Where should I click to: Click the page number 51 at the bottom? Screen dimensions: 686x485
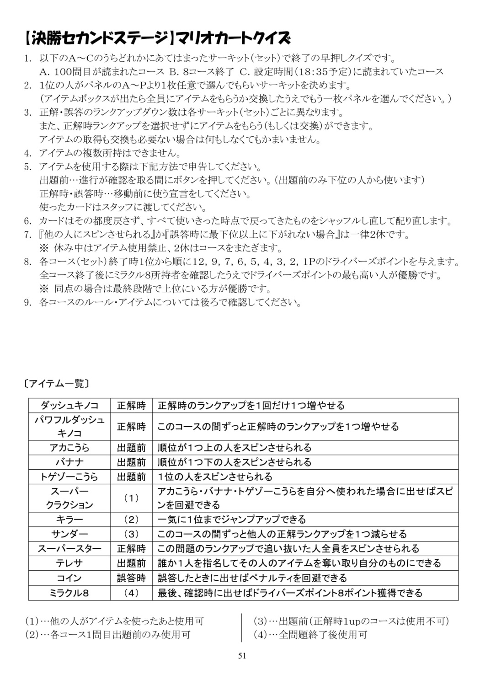click(242, 655)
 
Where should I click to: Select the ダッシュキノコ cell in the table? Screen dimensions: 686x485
click(69, 406)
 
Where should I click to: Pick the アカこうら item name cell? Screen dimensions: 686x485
click(69, 448)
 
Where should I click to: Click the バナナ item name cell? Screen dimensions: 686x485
click(69, 462)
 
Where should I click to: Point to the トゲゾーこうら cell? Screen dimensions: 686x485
click(69, 477)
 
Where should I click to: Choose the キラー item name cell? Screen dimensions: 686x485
click(69, 520)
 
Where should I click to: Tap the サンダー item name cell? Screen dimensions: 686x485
click(69, 534)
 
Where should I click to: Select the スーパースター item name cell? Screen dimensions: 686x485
click(69, 549)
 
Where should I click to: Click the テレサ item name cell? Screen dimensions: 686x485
click(69, 563)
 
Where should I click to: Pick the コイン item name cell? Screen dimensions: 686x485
click(69, 578)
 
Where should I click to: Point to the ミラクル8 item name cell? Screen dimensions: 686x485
click(69, 593)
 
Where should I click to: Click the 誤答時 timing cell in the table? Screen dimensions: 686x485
click(131, 578)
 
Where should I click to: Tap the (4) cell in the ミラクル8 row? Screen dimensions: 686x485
click(131, 593)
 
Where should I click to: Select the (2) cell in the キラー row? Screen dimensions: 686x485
click(131, 520)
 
